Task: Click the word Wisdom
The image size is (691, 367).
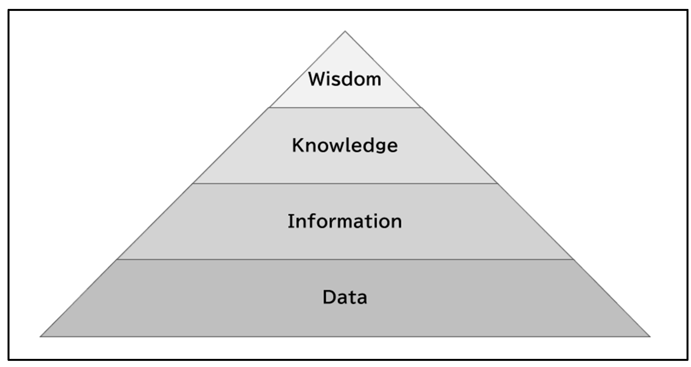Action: (345, 79)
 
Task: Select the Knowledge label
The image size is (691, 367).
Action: (345, 146)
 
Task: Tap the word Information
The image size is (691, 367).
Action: (345, 221)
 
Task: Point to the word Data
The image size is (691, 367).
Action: (345, 297)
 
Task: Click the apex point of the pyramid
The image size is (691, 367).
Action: (345, 31)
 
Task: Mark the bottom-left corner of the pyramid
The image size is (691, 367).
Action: (41, 336)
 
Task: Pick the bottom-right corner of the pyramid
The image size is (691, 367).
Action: (650, 336)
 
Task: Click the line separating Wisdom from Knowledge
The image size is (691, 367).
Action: (345, 108)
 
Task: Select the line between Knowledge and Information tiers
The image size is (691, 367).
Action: (345, 183)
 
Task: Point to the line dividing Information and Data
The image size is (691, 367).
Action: (345, 259)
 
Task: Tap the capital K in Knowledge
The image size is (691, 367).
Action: (297, 145)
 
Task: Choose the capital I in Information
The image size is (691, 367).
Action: (290, 221)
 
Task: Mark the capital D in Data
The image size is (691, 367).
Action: (328, 297)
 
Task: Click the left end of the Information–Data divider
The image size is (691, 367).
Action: (117, 259)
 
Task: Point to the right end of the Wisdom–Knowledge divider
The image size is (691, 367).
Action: (421, 108)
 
